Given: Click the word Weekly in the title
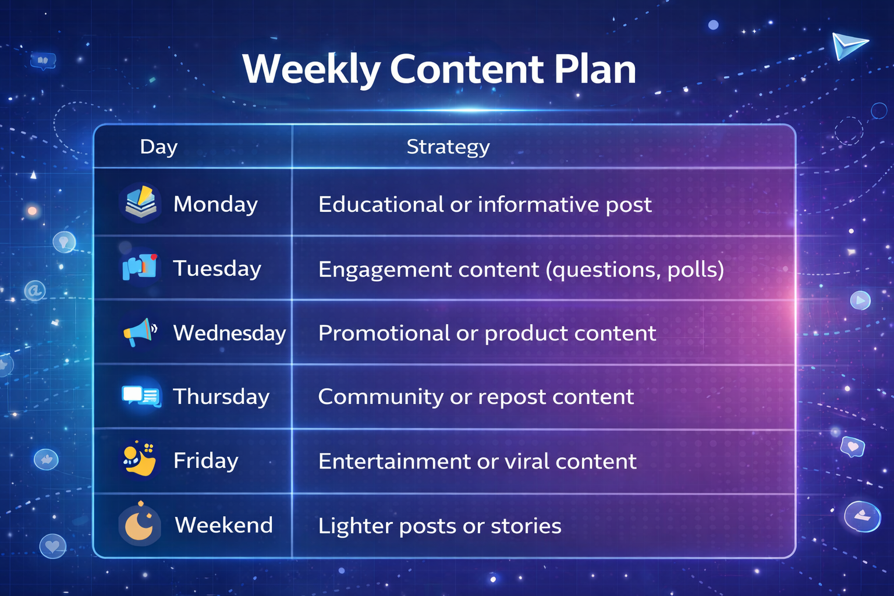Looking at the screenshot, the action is (x=311, y=69).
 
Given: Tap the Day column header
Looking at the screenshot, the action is (x=159, y=147).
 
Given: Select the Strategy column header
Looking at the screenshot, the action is (x=448, y=147).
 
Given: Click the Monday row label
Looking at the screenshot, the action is (x=215, y=205).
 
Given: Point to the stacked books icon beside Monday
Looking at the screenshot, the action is (x=140, y=201).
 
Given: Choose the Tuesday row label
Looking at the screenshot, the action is (x=217, y=268).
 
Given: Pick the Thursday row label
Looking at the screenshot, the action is (x=222, y=397).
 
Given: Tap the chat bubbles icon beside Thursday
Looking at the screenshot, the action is (x=141, y=396).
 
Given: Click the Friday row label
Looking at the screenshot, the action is (x=206, y=460).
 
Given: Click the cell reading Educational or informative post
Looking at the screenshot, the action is (x=485, y=205).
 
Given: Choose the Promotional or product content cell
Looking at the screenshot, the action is (x=487, y=334).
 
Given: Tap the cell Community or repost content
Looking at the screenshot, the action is (x=476, y=397).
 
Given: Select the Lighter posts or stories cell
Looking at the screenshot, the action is (x=440, y=526).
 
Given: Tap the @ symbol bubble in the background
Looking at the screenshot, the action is (x=35, y=290).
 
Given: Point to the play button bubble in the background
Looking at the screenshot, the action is (x=860, y=300).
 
